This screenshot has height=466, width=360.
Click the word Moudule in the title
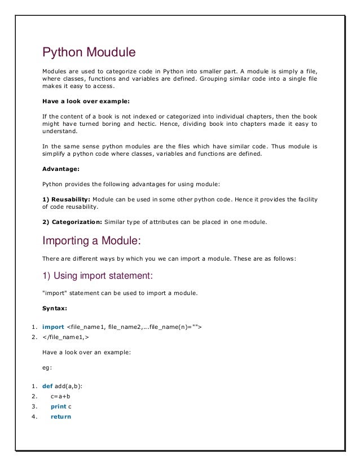[x=111, y=53]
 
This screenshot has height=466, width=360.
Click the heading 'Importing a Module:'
[x=91, y=241]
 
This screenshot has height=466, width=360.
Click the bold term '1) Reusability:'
[x=66, y=199]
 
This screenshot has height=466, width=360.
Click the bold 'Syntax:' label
[x=55, y=309]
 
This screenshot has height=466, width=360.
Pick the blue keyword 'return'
[x=60, y=416]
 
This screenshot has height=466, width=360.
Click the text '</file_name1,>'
[x=65, y=336]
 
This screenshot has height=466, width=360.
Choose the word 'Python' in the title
[x=63, y=53]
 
